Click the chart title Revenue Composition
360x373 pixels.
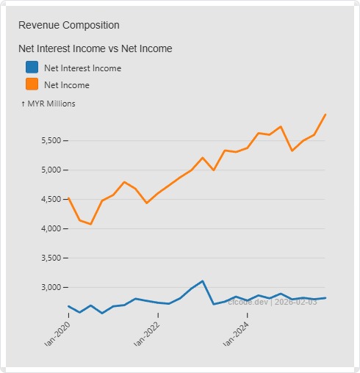tap(68, 25)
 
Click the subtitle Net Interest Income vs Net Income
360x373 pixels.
tap(95, 48)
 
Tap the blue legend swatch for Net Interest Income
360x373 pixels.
tap(32, 68)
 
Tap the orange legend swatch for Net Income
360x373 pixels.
tap(32, 85)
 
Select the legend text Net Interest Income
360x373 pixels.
tap(82, 68)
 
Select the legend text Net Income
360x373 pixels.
tap(67, 85)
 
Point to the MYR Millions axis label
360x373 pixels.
tap(48, 104)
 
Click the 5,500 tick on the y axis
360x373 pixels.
tap(46, 140)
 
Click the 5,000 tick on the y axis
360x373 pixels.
tap(46, 170)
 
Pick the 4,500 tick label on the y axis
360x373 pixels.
tap(46, 199)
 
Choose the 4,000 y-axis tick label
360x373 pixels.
tap(46, 228)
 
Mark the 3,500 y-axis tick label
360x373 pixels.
tap(46, 258)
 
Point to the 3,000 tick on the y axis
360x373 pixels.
tap(46, 287)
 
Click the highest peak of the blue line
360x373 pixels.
tap(202, 280)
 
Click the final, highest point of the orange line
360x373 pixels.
tap(325, 115)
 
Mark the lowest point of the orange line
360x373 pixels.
tap(90, 224)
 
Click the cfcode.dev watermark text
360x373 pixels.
tap(273, 302)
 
